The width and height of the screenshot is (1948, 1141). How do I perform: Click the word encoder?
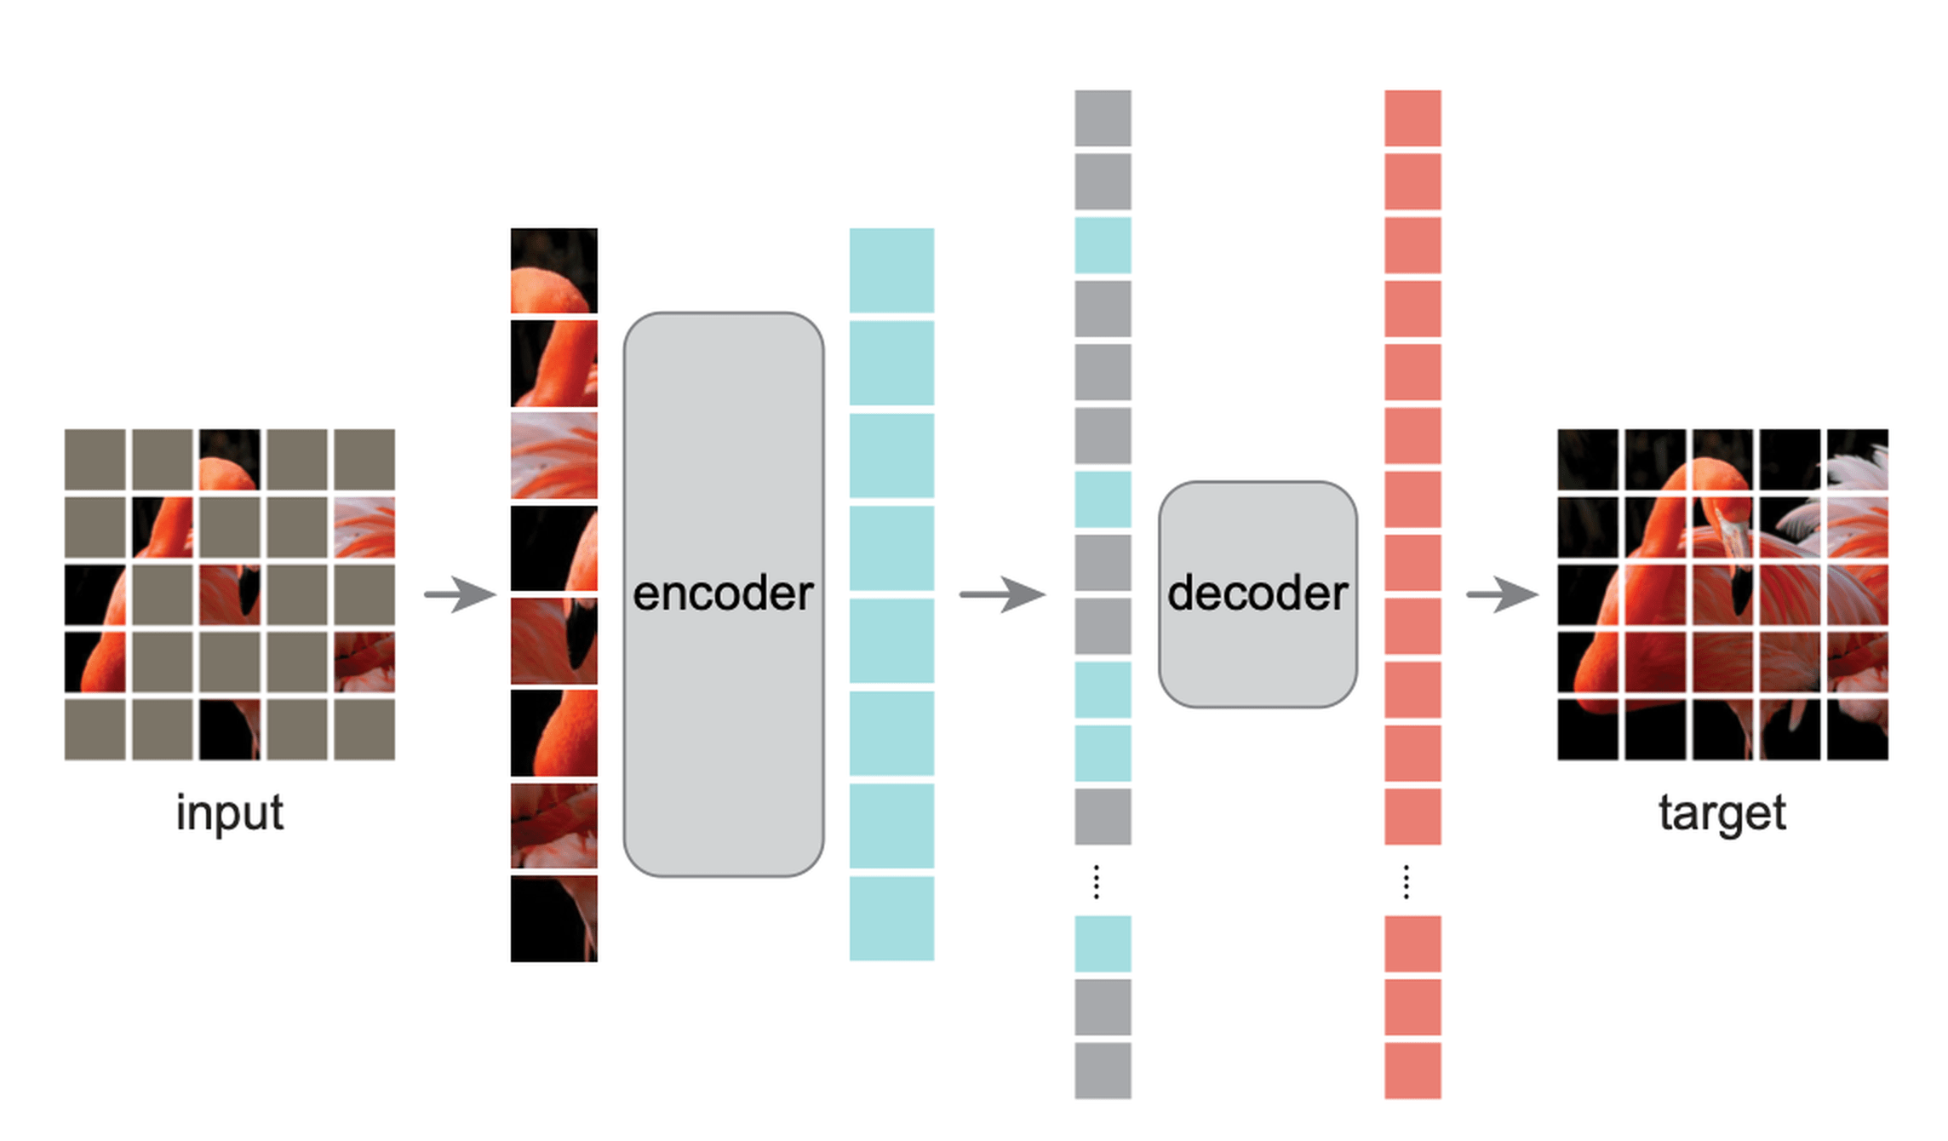tap(723, 593)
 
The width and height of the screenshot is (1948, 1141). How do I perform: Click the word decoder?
tap(1258, 593)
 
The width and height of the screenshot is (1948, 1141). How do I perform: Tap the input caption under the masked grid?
tap(229, 812)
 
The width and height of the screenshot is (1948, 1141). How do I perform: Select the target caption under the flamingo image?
tap(1722, 812)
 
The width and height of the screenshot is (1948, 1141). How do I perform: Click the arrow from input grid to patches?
tap(460, 593)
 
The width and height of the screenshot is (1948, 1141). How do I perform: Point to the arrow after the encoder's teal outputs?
tap(1001, 593)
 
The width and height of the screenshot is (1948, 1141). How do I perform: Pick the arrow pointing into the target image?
tap(1501, 593)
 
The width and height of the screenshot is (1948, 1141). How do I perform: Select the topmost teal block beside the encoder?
tap(891, 270)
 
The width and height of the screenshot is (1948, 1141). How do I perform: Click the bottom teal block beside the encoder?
tap(891, 918)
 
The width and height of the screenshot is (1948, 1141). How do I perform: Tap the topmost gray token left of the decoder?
tap(1103, 118)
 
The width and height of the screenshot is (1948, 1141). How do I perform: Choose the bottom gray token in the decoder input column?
tap(1103, 1070)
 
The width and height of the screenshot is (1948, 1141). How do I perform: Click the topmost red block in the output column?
tap(1412, 118)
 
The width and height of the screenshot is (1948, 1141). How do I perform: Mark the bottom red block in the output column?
tap(1412, 1070)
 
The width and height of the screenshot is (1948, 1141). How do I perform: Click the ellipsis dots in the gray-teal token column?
tap(1097, 881)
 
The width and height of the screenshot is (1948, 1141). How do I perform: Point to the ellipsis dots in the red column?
tap(1407, 881)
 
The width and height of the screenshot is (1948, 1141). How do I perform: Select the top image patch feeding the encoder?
tap(553, 270)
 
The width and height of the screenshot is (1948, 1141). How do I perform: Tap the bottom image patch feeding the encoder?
tap(553, 918)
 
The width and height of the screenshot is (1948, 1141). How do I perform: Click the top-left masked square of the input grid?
tap(95, 460)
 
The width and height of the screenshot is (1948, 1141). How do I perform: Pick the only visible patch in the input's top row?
tap(229, 460)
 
